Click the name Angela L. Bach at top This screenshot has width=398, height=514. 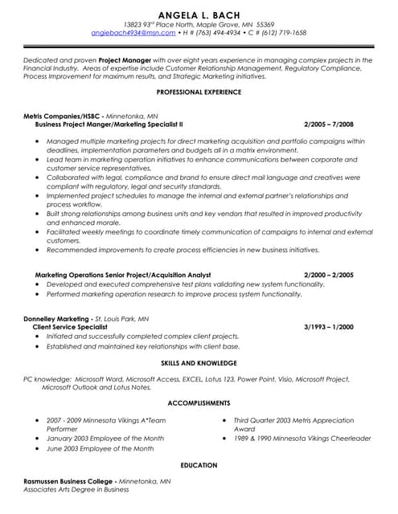pyautogui.click(x=199, y=14)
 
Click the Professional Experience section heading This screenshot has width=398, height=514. pyautogui.click(x=199, y=92)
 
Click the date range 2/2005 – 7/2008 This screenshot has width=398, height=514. pyautogui.click(x=329, y=125)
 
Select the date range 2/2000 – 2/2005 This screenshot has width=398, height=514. pyautogui.click(x=329, y=275)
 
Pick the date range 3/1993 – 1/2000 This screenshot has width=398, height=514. pyautogui.click(x=329, y=328)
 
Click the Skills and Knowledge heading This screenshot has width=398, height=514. pyautogui.click(x=199, y=364)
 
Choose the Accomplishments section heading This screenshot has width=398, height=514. pyautogui.click(x=199, y=402)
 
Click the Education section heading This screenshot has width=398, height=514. pyautogui.click(x=199, y=465)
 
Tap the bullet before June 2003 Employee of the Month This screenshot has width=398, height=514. pyautogui.click(x=37, y=449)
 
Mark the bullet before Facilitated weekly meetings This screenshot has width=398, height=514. pyautogui.click(x=37, y=231)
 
